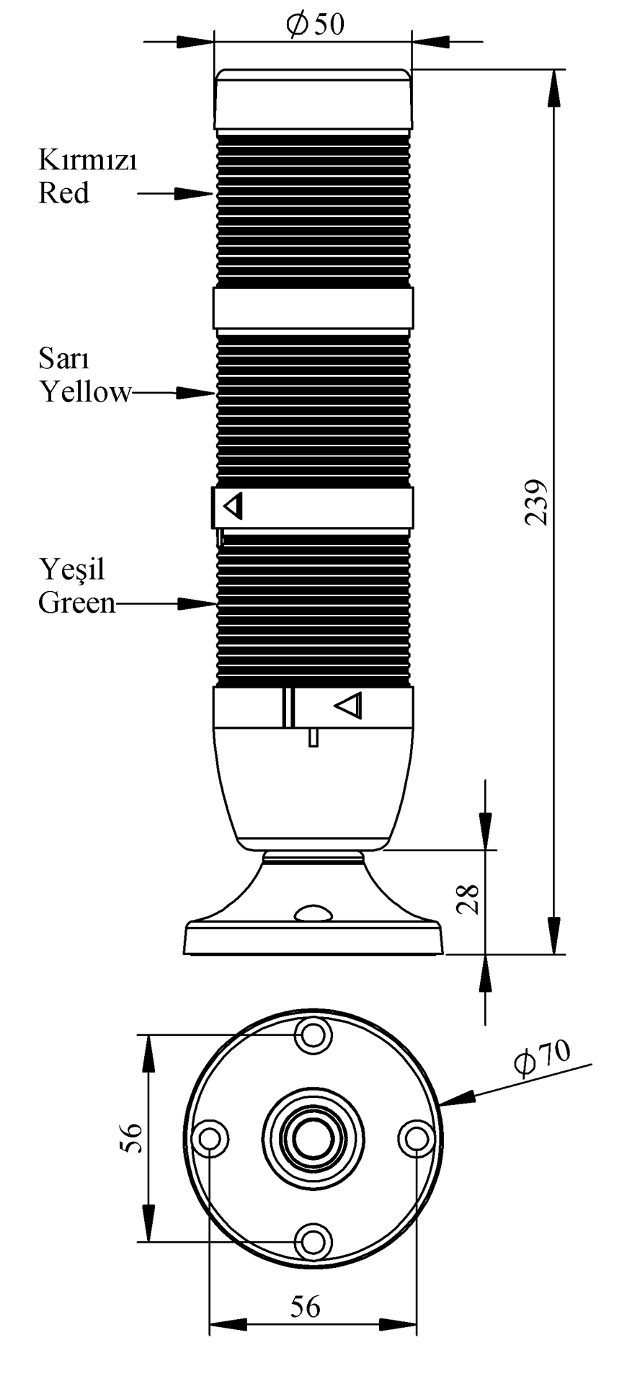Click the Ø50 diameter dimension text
pos(316,25)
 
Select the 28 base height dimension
pos(469,899)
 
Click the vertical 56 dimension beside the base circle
pos(131,1137)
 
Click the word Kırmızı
pos(87,160)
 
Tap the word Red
pos(64,193)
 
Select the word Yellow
pos(86,392)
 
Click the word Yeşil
pos(72,569)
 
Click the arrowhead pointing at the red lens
pos(195,193)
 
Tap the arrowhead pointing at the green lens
pos(197,603)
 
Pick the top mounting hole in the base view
pos(313,1035)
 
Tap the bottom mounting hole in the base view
pos(313,1242)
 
